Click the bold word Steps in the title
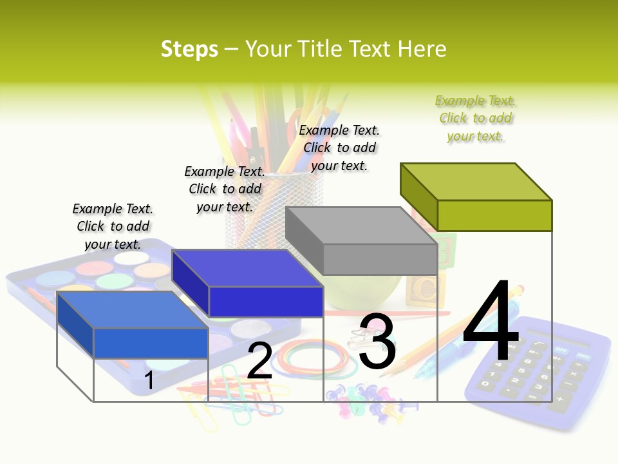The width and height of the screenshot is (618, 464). (189, 49)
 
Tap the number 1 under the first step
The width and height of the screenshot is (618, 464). (149, 380)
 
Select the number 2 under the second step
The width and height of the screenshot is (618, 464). (259, 361)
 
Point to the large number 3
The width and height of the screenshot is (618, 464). (377, 342)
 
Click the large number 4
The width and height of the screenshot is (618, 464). (491, 322)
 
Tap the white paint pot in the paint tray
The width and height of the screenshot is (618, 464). (131, 258)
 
